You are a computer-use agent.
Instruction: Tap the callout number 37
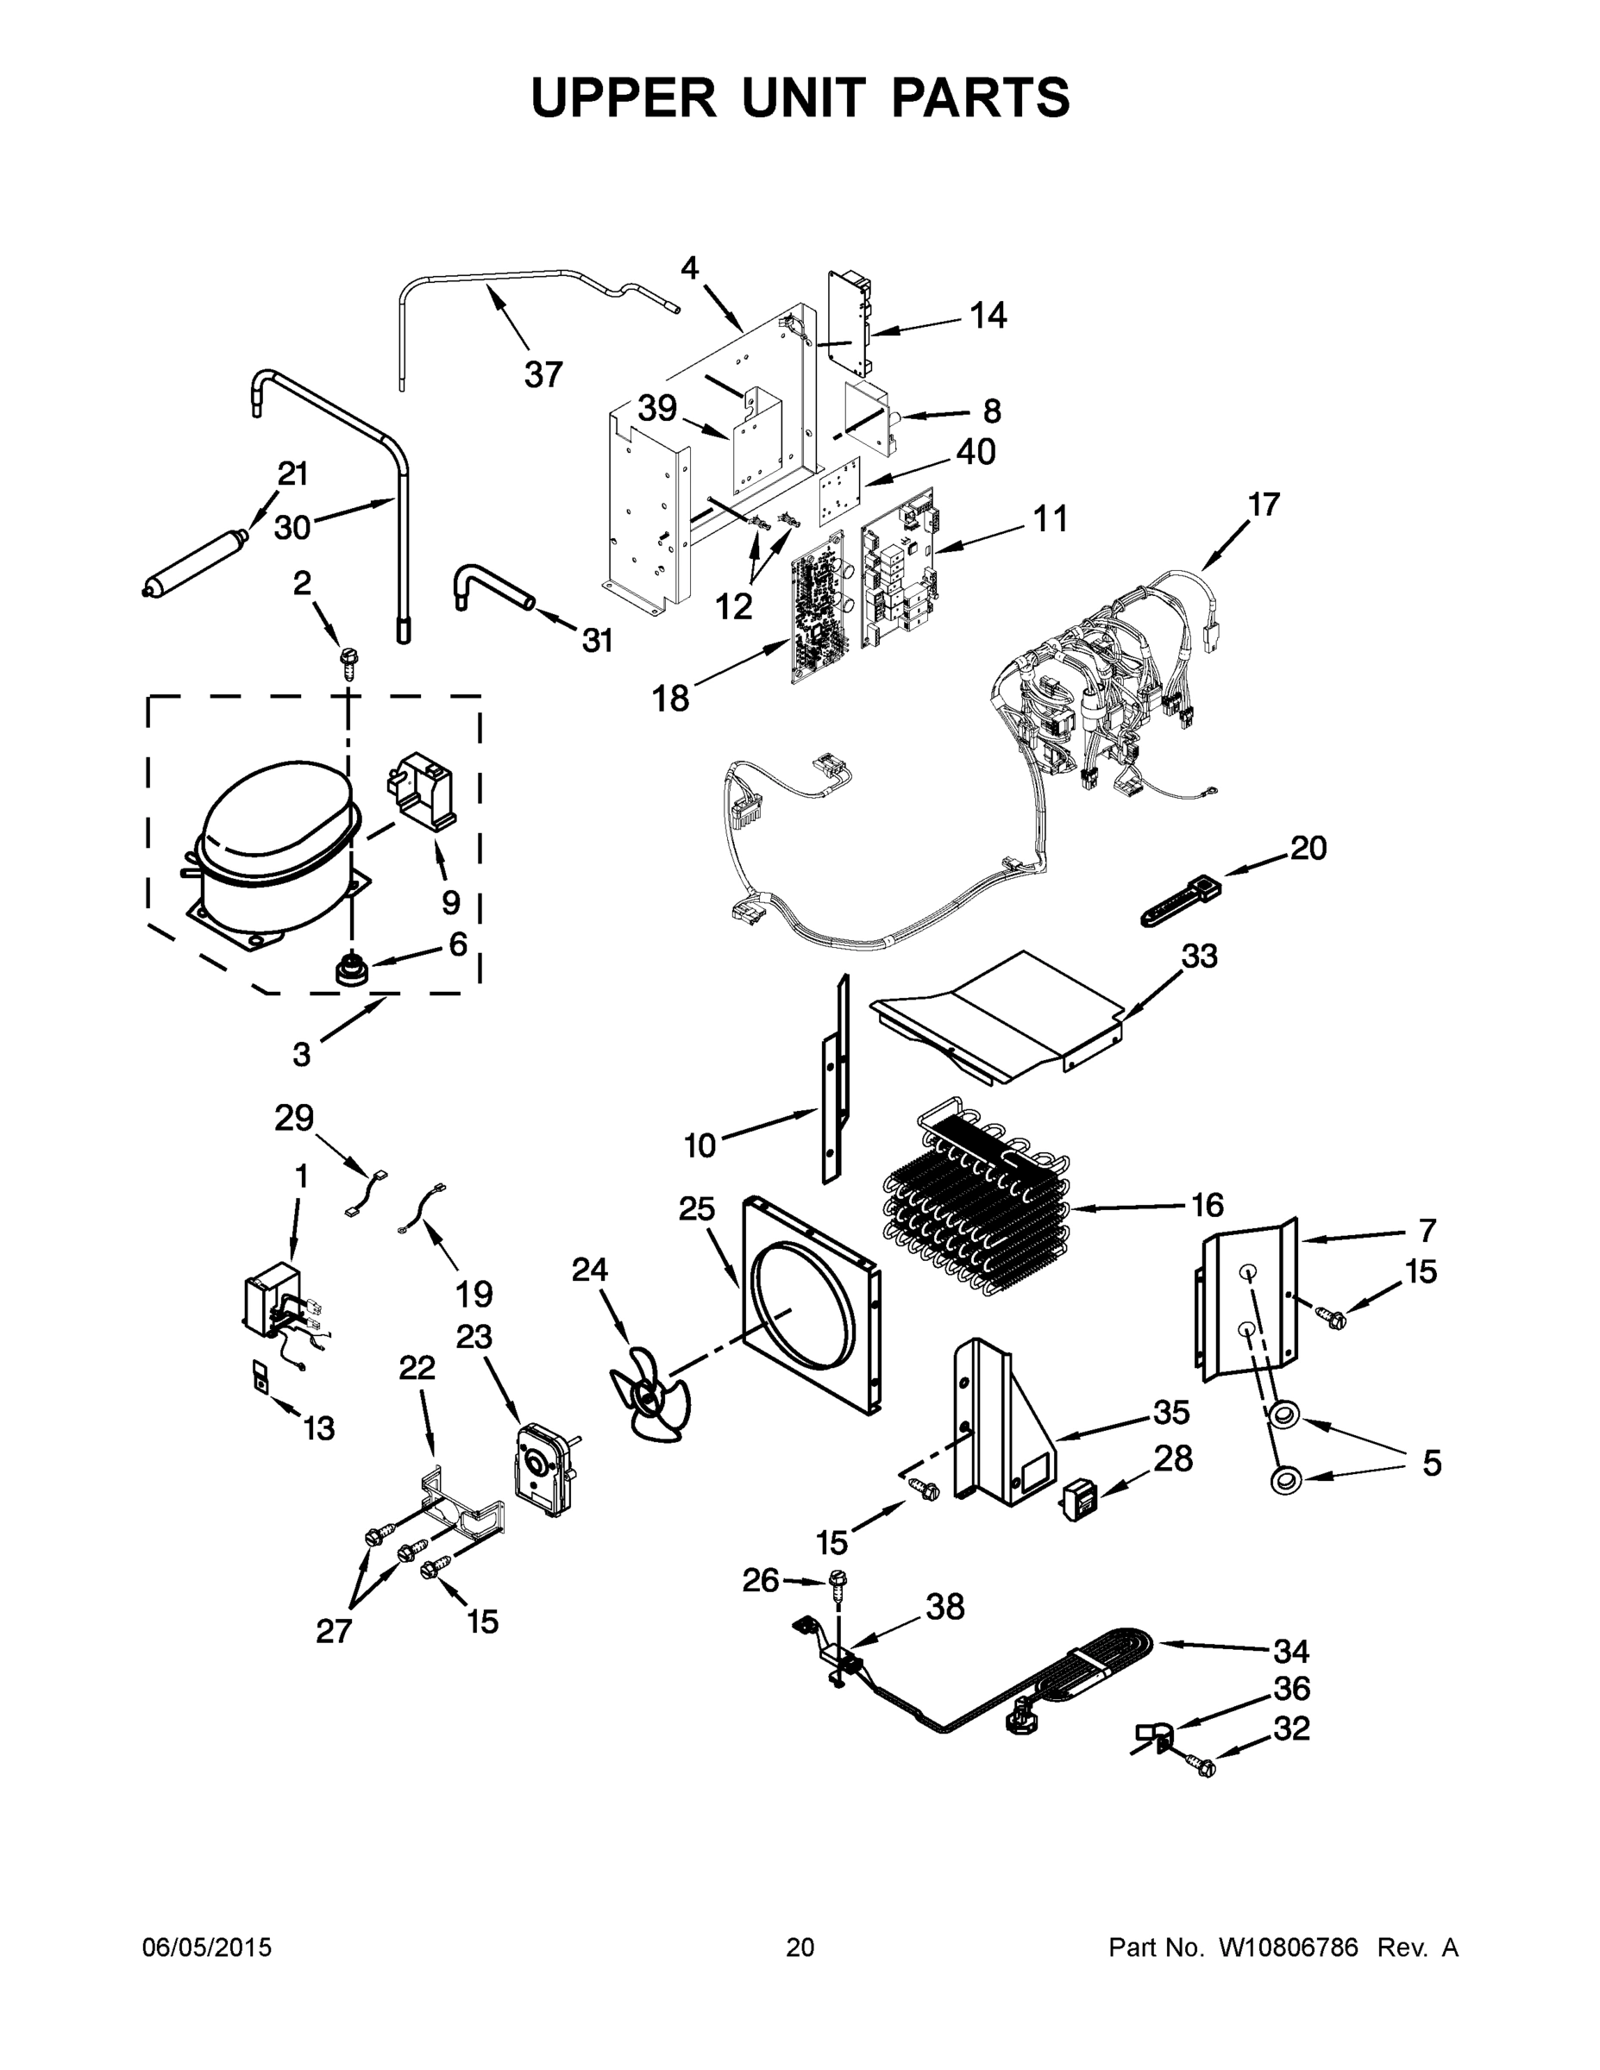tap(543, 375)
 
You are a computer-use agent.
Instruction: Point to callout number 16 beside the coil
tap(1207, 1206)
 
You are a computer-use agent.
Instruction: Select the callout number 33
tap(1199, 957)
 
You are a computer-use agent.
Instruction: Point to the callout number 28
tap(1172, 1459)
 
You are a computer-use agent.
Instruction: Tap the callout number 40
tap(976, 452)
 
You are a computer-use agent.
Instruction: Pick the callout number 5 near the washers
tap(1431, 1464)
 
